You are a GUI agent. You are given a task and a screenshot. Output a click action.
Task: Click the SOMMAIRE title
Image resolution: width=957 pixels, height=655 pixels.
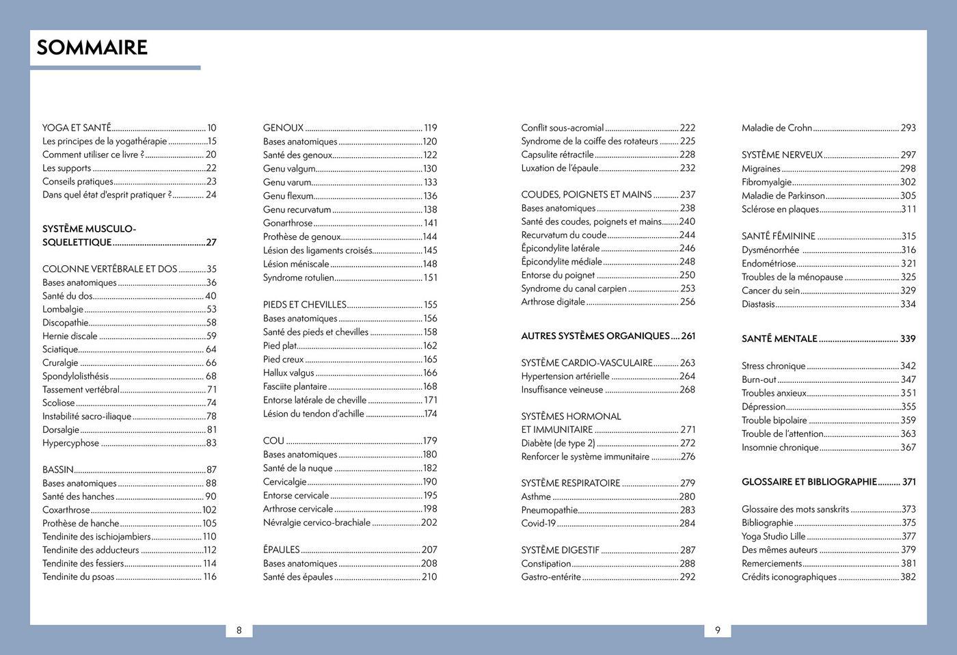pyautogui.click(x=92, y=47)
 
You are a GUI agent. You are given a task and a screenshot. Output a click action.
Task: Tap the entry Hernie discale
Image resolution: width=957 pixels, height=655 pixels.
pyautogui.click(x=70, y=336)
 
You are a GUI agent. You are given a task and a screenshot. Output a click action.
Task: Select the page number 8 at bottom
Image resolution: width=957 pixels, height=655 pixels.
pyautogui.click(x=239, y=630)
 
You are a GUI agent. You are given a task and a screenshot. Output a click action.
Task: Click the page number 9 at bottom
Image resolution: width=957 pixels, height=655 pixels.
pyautogui.click(x=718, y=630)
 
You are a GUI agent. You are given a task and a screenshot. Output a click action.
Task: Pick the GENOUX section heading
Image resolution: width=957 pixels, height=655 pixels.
pyautogui.click(x=283, y=128)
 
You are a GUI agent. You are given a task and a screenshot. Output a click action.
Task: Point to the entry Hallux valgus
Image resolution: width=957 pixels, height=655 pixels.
pyautogui.click(x=288, y=373)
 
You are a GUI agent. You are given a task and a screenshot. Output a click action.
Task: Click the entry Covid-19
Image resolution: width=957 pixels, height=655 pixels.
pyautogui.click(x=539, y=524)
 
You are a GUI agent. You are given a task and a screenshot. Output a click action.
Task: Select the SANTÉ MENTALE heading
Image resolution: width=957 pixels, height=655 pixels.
pyautogui.click(x=779, y=338)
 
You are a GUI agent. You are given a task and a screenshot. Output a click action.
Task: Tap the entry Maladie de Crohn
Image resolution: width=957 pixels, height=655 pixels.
pyautogui.click(x=777, y=128)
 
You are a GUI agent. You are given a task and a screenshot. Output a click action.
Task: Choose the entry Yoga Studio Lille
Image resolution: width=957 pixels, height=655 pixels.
pyautogui.click(x=773, y=537)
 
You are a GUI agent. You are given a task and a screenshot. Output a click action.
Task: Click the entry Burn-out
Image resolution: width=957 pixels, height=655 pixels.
pyautogui.click(x=759, y=379)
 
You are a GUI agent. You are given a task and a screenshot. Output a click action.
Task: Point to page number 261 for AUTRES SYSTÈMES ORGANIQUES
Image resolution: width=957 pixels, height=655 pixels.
pyautogui.click(x=688, y=336)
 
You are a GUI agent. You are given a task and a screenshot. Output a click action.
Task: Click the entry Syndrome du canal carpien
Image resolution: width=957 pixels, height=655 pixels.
pyautogui.click(x=574, y=289)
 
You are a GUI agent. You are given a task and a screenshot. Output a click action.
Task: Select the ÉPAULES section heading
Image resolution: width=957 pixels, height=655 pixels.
pyautogui.click(x=282, y=550)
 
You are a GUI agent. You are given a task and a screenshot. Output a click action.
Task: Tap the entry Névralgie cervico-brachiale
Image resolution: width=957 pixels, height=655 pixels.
pyautogui.click(x=316, y=523)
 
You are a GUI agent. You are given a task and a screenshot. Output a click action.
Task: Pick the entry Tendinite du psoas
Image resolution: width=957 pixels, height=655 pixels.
pyautogui.click(x=79, y=577)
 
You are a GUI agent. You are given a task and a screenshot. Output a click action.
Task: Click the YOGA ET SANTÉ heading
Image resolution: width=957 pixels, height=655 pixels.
pyautogui.click(x=77, y=128)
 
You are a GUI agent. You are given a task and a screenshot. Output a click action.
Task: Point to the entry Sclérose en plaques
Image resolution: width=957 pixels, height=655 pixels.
pyautogui.click(x=780, y=209)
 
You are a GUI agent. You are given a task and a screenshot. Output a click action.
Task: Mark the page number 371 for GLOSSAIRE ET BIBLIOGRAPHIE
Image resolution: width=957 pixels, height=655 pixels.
pyautogui.click(x=908, y=482)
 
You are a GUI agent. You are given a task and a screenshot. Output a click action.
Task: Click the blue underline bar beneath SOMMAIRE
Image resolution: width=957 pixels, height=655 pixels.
pyautogui.click(x=115, y=68)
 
